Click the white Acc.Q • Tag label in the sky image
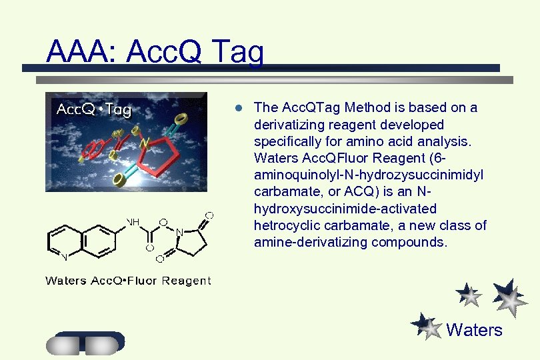click(93, 109)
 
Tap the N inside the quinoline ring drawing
click(64, 256)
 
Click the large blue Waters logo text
click(474, 330)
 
